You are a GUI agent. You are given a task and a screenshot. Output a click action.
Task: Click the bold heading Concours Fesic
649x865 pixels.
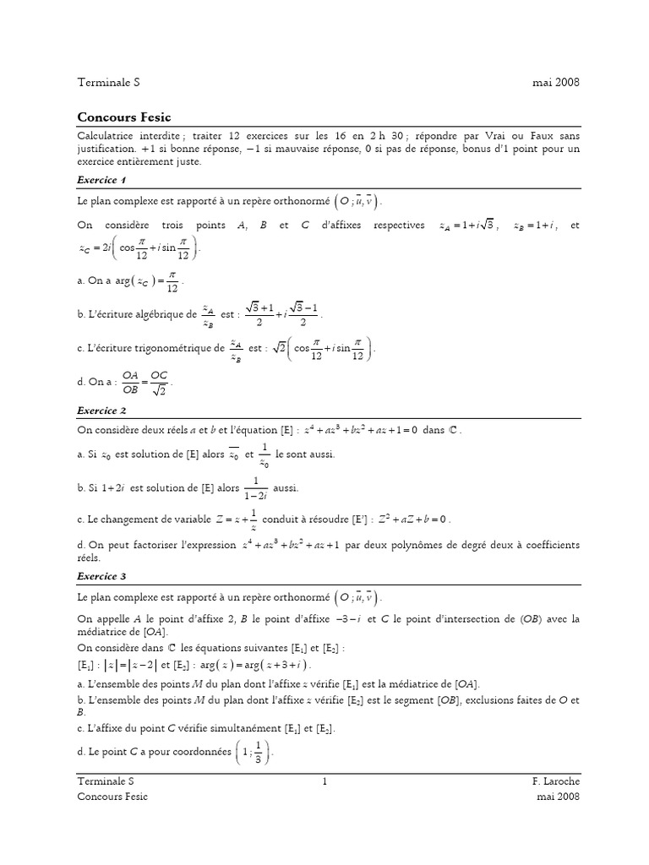click(x=123, y=117)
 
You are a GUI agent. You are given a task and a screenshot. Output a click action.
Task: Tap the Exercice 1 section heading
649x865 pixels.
click(x=101, y=180)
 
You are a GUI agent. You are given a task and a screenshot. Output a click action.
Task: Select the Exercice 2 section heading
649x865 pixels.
click(x=101, y=411)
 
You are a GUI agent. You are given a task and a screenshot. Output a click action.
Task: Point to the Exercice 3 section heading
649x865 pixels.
click(x=101, y=576)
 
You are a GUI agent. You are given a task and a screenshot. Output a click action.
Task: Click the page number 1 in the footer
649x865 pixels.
click(x=324, y=782)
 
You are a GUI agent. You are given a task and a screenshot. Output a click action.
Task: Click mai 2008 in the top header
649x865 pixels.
click(x=555, y=82)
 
